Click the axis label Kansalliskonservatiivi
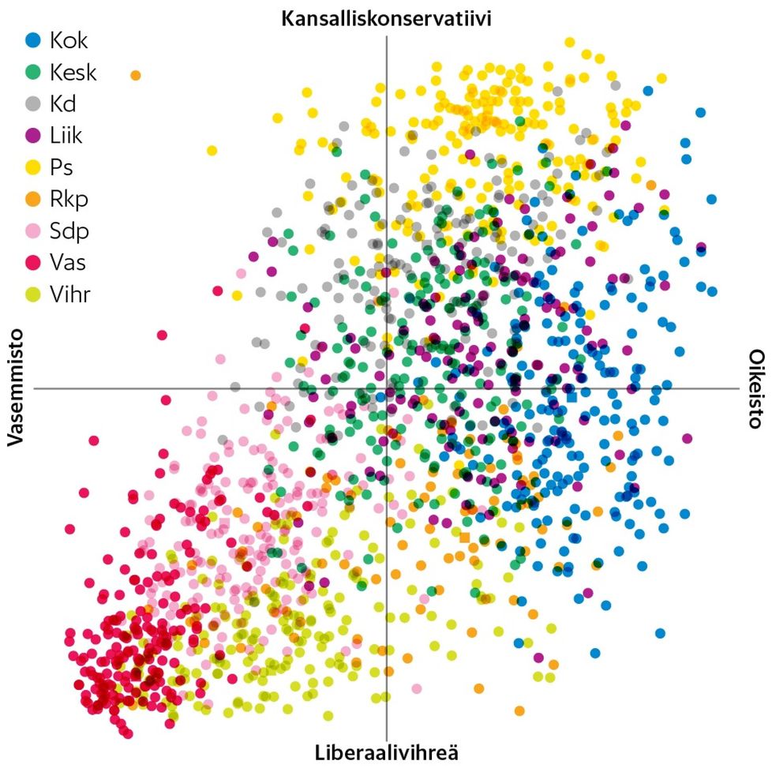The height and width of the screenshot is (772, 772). (386, 19)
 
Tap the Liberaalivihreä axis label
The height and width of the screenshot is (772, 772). (386, 751)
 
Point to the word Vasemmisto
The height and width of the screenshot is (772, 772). (17, 388)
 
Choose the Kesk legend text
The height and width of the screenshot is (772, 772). (73, 72)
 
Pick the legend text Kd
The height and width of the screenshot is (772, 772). (63, 103)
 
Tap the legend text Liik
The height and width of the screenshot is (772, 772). (66, 135)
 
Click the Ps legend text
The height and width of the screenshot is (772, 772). (62, 167)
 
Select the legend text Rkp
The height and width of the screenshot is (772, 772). (69, 199)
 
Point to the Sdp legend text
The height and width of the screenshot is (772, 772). (69, 231)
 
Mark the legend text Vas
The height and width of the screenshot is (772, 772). (67, 263)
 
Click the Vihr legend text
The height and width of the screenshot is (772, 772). (69, 295)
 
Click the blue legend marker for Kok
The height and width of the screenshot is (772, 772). (32, 39)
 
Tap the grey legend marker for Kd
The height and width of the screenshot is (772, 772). (32, 103)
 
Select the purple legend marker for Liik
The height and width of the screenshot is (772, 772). (32, 135)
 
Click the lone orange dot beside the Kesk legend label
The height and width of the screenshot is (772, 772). (135, 75)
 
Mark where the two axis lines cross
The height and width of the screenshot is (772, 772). (386, 388)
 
